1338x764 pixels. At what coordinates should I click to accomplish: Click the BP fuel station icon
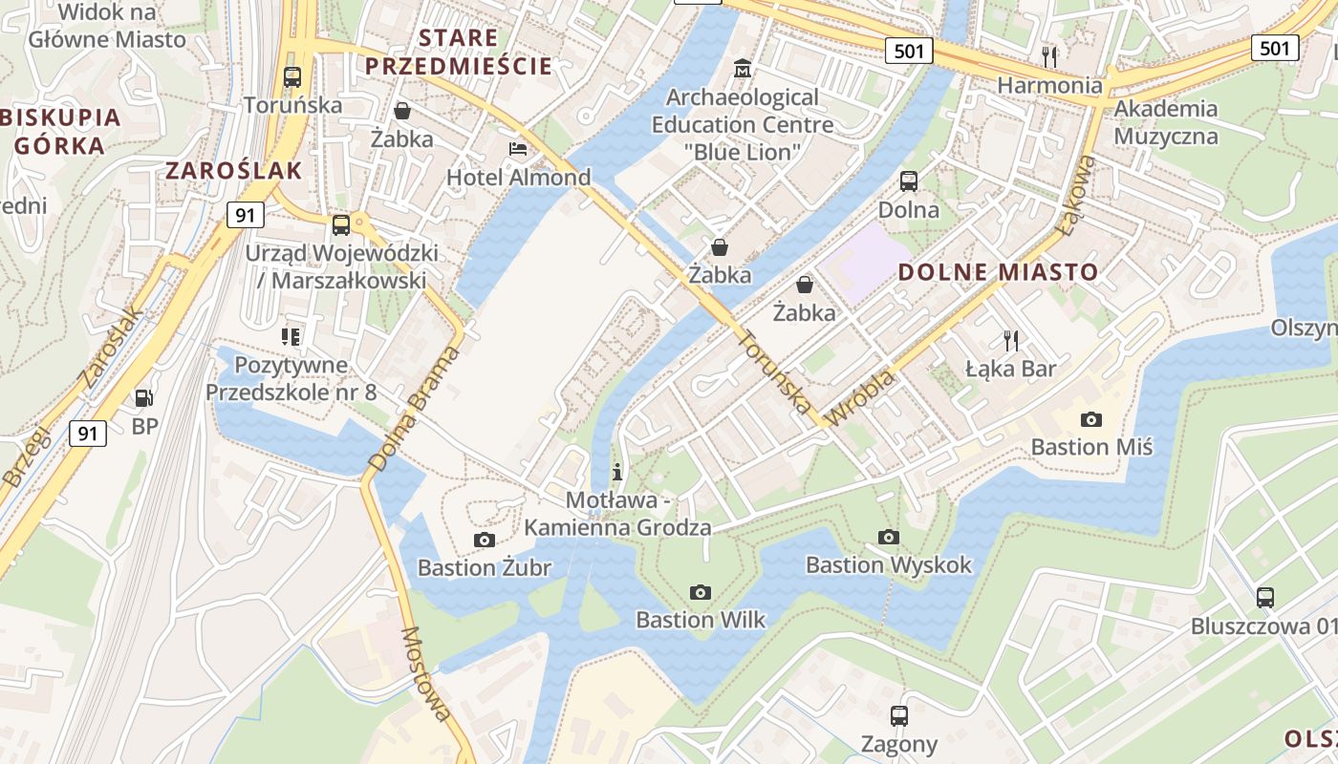coord(144,397)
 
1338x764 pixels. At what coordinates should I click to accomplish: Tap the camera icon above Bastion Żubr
coord(485,540)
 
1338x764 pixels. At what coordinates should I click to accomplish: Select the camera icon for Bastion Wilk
coord(701,592)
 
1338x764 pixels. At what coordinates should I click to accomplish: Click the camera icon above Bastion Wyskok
coord(889,537)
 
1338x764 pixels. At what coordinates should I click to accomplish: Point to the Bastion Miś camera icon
coord(1090,419)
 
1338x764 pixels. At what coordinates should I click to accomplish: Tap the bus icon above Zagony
coord(898,715)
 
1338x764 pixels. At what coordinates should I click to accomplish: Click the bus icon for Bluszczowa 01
coord(1265,598)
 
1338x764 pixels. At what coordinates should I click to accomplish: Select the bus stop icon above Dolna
coord(909,180)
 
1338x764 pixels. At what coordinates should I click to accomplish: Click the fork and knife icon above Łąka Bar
coord(1011,340)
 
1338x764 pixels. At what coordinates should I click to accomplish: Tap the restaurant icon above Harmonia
coord(1049,56)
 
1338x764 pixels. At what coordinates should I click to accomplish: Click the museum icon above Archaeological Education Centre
coord(742,69)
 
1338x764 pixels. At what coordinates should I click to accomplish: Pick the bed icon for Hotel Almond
coord(518,149)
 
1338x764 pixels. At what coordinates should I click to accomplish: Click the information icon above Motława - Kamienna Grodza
coord(617,472)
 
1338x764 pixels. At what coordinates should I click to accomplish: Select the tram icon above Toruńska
coord(292,76)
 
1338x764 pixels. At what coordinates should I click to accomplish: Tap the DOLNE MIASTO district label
coord(998,272)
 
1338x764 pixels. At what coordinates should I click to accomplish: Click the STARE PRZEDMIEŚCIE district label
coord(459,52)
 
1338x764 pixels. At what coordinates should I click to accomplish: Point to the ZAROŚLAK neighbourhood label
coord(234,171)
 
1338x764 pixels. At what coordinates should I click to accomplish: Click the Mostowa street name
coord(426,674)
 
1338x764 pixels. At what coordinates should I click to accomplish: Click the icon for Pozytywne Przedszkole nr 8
coord(291,336)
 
